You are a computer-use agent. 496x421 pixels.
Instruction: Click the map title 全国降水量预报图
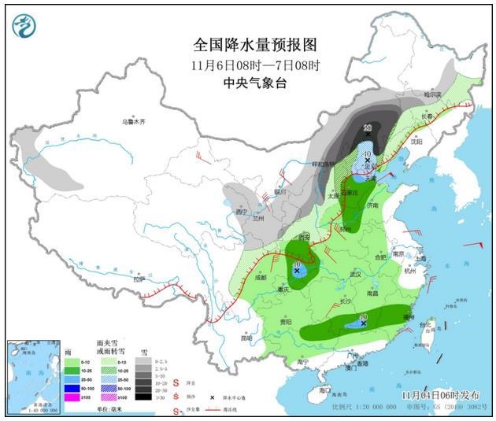click(250, 45)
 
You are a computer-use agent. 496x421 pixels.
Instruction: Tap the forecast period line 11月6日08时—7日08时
click(250, 64)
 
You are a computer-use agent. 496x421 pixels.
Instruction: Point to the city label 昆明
click(247, 338)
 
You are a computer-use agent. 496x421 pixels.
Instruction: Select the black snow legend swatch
click(143, 397)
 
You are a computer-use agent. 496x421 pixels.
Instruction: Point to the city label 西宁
click(242, 211)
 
